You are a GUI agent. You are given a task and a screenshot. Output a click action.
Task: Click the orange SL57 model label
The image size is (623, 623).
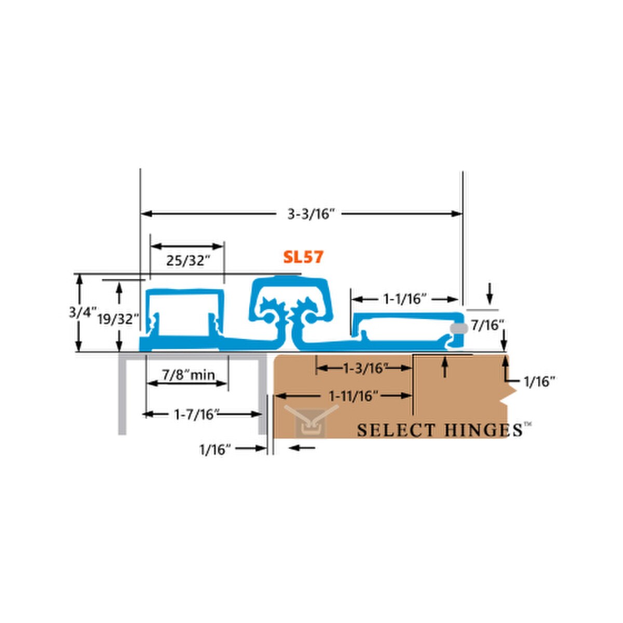303,257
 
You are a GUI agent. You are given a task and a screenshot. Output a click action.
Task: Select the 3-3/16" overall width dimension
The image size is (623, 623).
310,214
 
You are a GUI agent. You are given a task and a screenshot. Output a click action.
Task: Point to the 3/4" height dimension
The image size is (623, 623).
83,313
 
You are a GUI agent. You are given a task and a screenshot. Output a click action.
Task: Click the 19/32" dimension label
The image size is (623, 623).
118,319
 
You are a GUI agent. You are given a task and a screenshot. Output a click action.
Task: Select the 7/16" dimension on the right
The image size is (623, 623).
487,326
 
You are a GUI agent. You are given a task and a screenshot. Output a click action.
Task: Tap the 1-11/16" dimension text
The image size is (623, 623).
354,396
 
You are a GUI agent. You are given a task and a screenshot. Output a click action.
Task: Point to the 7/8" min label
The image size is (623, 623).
188,375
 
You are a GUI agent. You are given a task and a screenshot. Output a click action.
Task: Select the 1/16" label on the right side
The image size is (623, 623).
539,382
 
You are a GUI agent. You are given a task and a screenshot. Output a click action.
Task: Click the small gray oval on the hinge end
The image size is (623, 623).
459,329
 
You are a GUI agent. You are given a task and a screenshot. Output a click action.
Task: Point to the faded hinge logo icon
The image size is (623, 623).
311,419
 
